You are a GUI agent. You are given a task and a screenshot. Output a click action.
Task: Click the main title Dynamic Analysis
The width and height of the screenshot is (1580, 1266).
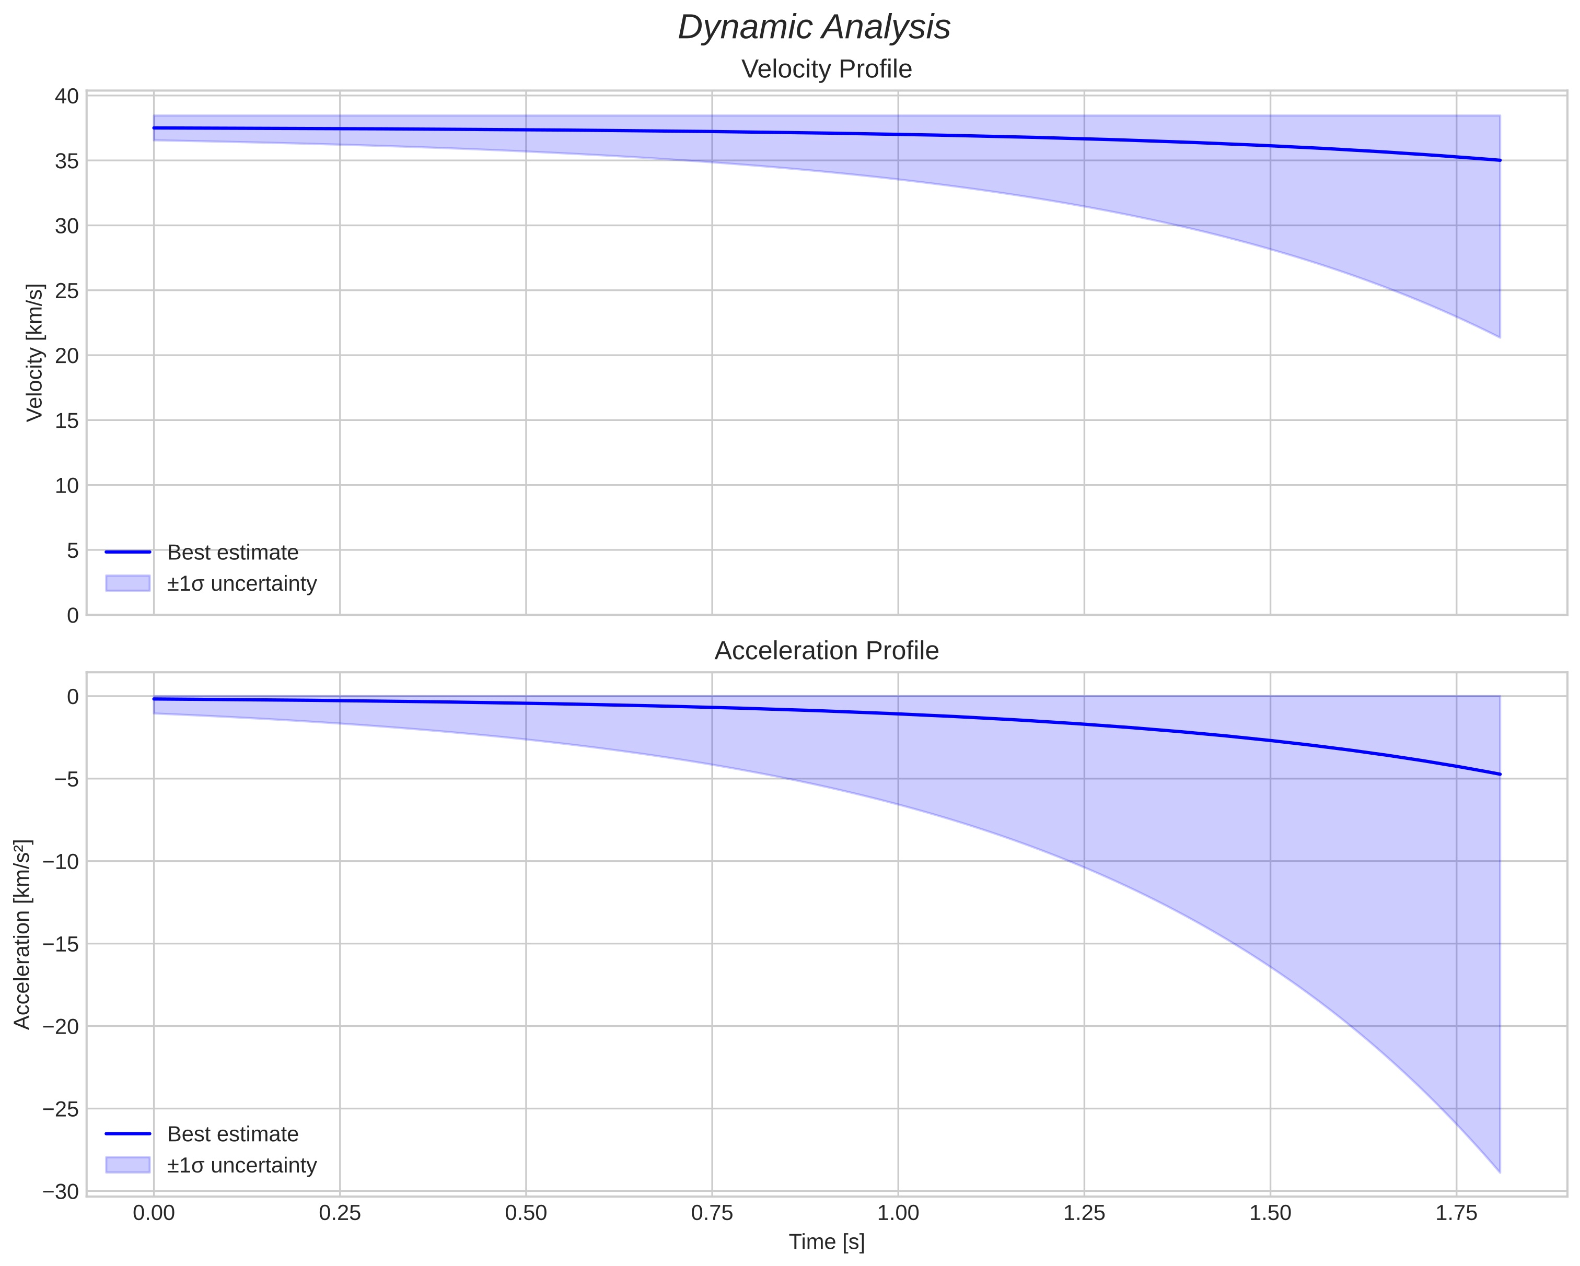click(x=814, y=28)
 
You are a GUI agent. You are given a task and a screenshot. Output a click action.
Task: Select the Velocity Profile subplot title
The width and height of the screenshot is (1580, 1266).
click(x=826, y=69)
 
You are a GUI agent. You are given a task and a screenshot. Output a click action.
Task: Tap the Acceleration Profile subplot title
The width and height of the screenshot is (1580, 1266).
click(x=826, y=651)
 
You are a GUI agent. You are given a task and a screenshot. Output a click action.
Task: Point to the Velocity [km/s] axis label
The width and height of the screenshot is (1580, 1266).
click(x=34, y=353)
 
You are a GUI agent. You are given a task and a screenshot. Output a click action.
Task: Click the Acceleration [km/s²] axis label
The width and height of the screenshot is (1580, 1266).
click(x=22, y=934)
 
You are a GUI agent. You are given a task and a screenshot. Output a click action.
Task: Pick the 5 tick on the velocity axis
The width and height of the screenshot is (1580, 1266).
click(x=72, y=550)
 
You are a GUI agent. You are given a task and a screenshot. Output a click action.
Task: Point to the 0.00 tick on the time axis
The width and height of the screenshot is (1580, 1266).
click(x=154, y=1213)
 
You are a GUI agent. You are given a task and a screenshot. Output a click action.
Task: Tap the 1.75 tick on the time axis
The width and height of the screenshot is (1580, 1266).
click(x=1456, y=1213)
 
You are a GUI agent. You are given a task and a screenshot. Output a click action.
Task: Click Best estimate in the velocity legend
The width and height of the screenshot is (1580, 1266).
click(x=233, y=553)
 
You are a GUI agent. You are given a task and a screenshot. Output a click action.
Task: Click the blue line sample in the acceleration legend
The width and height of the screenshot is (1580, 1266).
click(x=127, y=1134)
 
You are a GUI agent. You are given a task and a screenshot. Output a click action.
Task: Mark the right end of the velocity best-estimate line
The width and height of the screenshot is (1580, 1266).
click(x=1500, y=160)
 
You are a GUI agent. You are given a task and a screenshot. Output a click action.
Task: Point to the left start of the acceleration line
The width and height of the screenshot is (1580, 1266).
click(x=155, y=699)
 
